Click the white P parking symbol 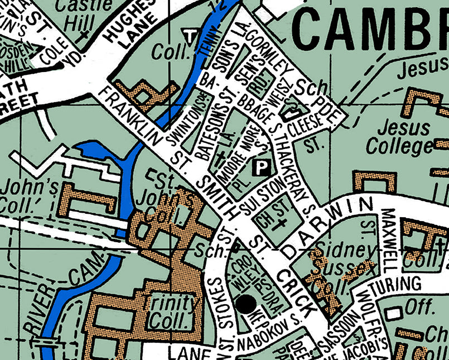(260, 166)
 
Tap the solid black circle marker (246, 304)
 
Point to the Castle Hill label (84, 14)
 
